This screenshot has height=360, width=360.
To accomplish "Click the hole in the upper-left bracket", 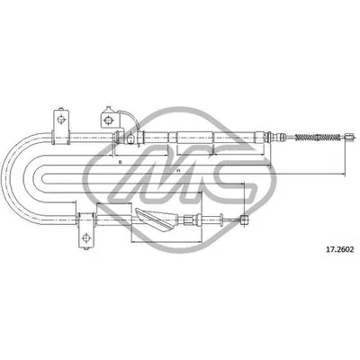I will tap(59, 118).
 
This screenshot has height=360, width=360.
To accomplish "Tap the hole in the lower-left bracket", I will tap(87, 236).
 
